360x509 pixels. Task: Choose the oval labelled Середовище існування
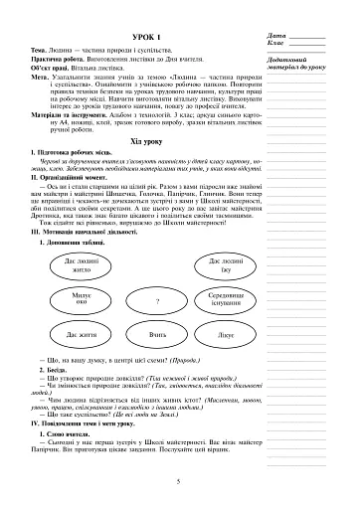click(228, 299)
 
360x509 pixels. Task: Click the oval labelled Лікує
click(227, 336)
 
